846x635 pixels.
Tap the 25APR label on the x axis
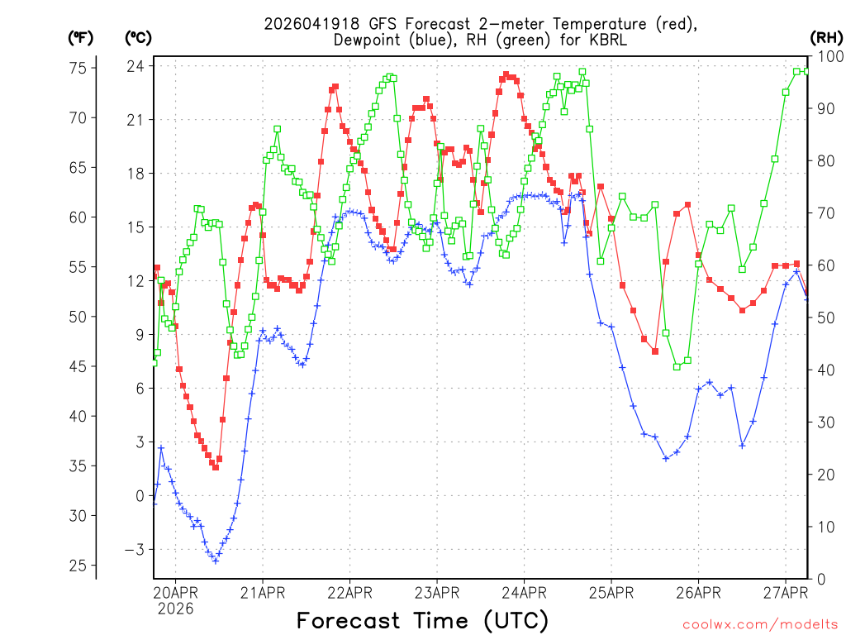611,591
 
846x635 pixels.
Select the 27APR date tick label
785,591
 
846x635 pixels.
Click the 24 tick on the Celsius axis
135,66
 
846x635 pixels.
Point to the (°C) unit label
138,37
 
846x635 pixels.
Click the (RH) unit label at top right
827,37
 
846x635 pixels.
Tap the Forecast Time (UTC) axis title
422,619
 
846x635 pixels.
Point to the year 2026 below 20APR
175,609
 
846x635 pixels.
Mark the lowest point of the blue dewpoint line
216,561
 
